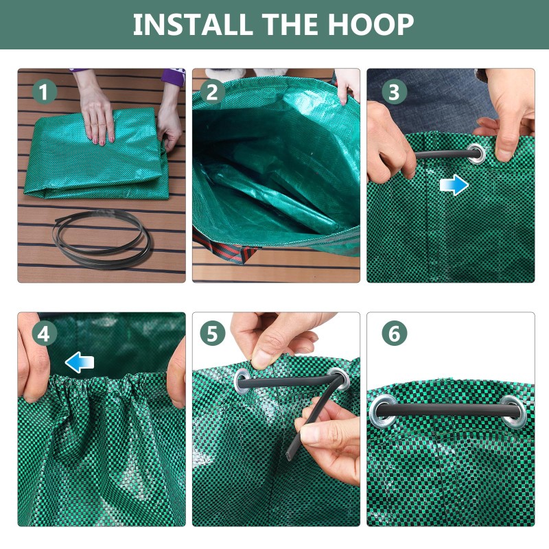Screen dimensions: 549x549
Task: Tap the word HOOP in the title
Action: click(x=371, y=24)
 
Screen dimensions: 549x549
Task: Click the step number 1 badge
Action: click(x=44, y=92)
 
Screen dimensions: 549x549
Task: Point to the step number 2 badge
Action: click(x=212, y=92)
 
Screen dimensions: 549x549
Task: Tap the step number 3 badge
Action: click(x=394, y=92)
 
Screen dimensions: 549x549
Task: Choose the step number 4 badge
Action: click(x=44, y=334)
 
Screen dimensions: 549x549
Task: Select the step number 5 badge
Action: click(x=212, y=334)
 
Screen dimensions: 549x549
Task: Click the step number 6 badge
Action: click(x=394, y=334)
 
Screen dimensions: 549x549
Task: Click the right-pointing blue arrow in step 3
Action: click(x=454, y=185)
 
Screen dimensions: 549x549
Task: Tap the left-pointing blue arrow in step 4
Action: click(x=80, y=362)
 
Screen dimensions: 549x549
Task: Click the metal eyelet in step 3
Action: click(x=476, y=154)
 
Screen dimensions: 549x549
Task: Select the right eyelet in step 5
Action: click(x=339, y=379)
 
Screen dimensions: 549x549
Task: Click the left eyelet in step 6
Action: click(x=383, y=411)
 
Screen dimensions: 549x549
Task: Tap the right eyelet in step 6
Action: click(x=513, y=412)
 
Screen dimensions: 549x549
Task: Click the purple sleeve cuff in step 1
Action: click(x=174, y=77)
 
